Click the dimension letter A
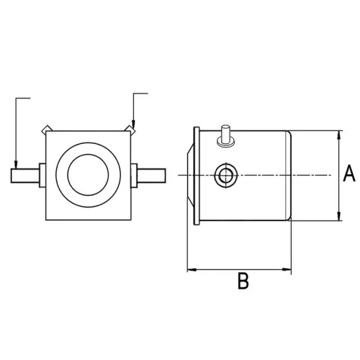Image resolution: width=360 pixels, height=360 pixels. [x=348, y=174]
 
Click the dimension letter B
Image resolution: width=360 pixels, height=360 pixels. [x=243, y=281]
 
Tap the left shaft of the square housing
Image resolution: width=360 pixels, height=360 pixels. [x=25, y=175]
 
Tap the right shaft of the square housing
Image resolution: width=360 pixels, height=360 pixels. [x=151, y=175]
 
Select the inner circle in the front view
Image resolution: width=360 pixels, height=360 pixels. [x=89, y=175]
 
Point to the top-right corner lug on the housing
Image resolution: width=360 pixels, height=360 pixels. [x=132, y=130]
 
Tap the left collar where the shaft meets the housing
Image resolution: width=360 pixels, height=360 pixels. [x=42, y=175]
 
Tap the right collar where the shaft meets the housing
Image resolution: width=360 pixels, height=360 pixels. [x=135, y=175]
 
